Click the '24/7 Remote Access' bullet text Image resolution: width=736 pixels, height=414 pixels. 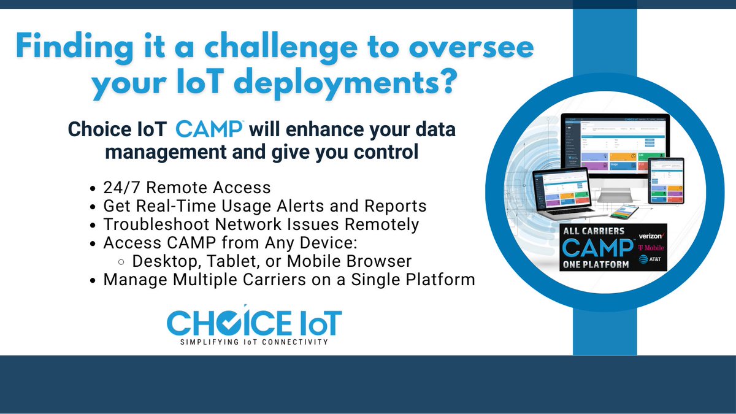pos(187,187)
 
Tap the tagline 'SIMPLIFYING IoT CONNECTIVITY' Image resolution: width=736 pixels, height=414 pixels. pos(254,341)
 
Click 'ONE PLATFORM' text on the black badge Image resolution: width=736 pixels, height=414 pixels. pos(595,265)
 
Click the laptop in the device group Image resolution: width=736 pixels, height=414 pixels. pos(561,193)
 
